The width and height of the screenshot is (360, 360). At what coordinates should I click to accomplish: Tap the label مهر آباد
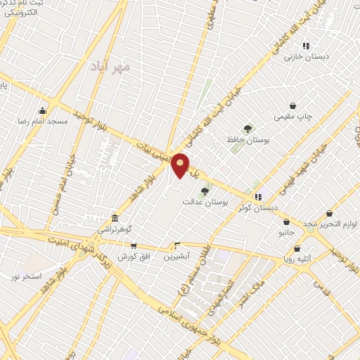pyautogui.click(x=111, y=68)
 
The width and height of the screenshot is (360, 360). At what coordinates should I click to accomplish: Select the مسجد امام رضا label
pyautogui.click(x=43, y=121)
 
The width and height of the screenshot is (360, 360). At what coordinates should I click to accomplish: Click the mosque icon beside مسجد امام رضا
pyautogui.click(x=43, y=110)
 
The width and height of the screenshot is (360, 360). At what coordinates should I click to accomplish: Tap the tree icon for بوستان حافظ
pyautogui.click(x=247, y=128)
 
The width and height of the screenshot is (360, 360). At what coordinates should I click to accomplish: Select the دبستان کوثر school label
pyautogui.click(x=259, y=208)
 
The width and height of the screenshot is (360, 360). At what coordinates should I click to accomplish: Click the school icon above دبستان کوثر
pyautogui.click(x=259, y=197)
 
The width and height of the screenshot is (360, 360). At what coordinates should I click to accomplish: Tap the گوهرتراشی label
pyautogui.click(x=115, y=229)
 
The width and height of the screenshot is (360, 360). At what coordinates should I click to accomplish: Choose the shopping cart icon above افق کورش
pyautogui.click(x=134, y=246)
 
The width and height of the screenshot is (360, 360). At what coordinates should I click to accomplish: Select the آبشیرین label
pyautogui.click(x=177, y=257)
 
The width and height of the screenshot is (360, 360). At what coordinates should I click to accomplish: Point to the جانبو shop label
pyautogui.click(x=285, y=231)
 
